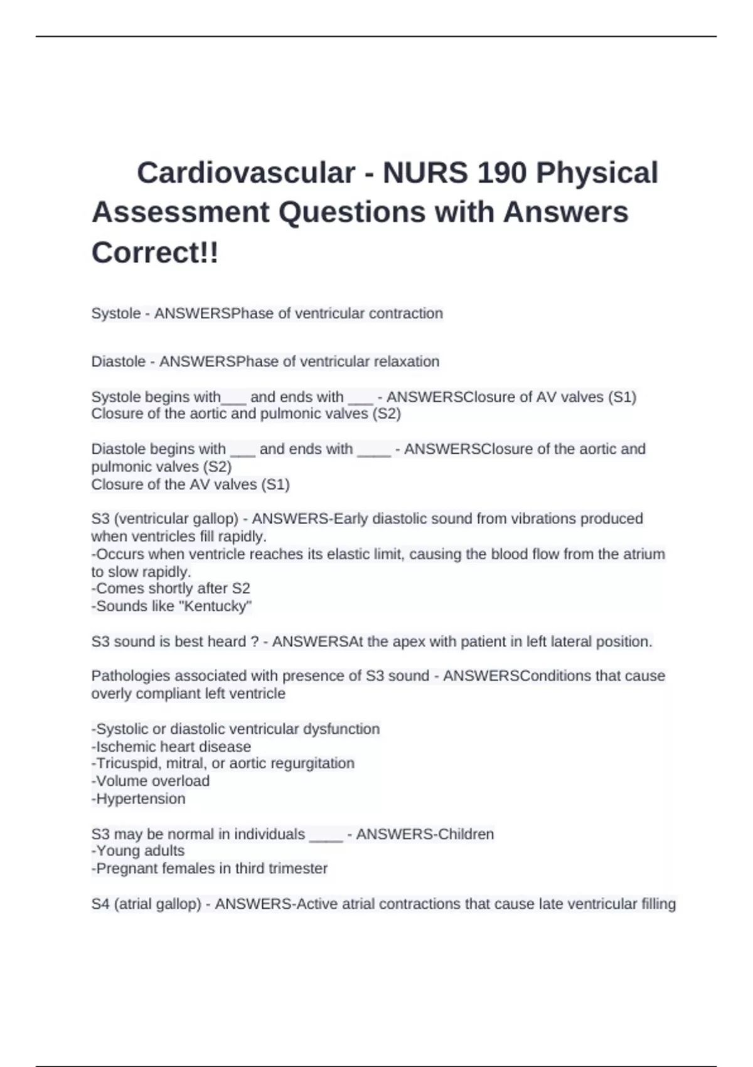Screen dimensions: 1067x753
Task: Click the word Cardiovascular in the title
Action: tap(246, 173)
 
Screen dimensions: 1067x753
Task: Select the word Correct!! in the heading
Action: tap(155, 252)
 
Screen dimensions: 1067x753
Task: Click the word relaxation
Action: tap(407, 362)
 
